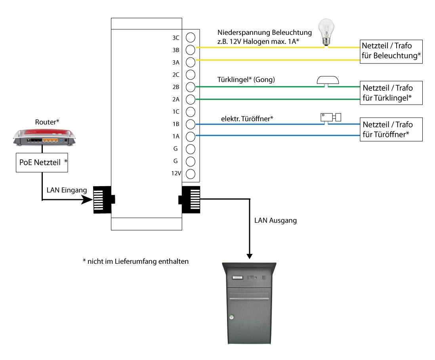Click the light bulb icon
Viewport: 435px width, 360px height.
326,34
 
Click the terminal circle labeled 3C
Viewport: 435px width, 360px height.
191,37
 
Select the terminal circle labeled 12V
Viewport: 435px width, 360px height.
191,173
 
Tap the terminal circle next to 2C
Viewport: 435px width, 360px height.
191,74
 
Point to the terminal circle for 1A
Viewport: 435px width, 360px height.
191,137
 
